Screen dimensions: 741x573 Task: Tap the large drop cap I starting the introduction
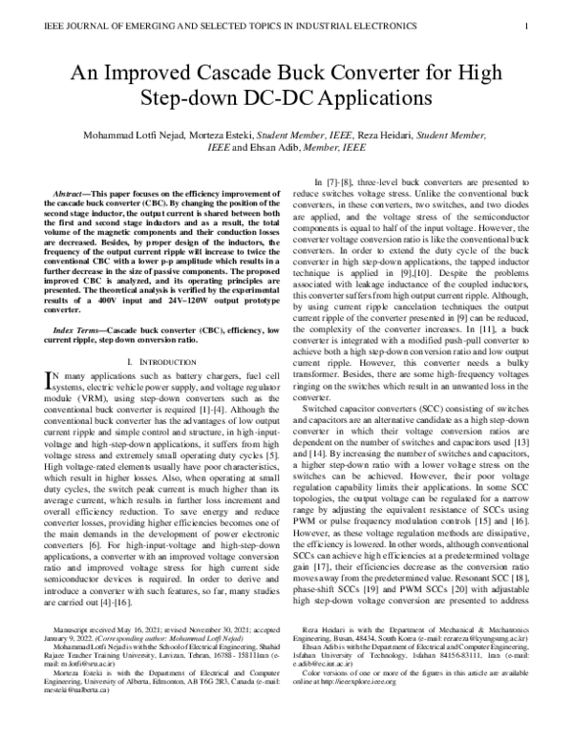click(x=51, y=382)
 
